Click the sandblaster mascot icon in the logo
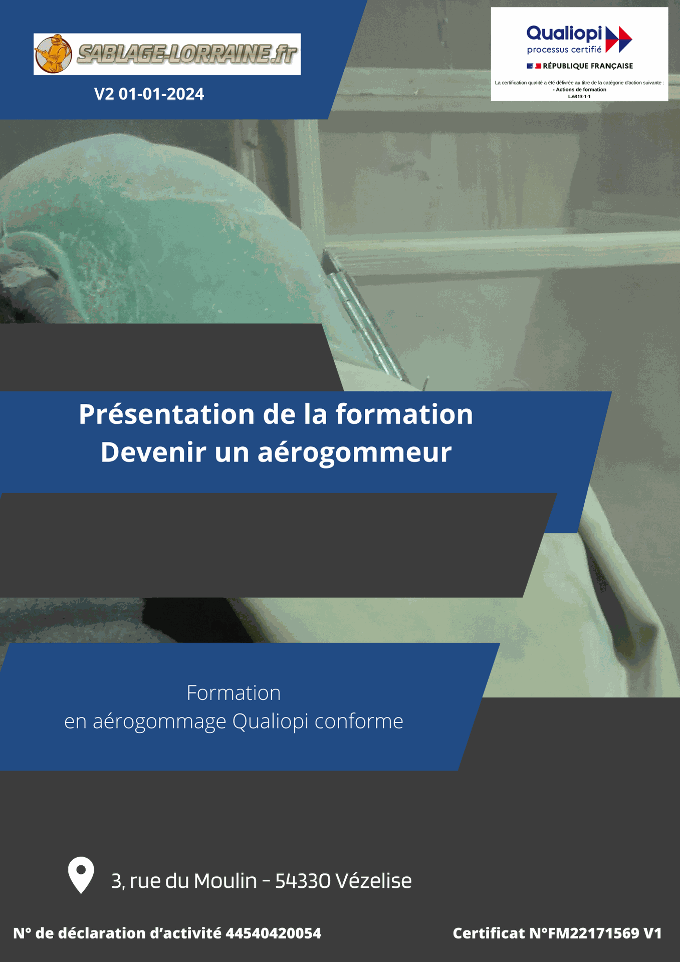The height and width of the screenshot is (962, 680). pyautogui.click(x=53, y=54)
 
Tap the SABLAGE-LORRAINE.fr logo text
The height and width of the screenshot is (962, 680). pyautogui.click(x=187, y=55)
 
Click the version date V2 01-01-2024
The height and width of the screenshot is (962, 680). pyautogui.click(x=149, y=94)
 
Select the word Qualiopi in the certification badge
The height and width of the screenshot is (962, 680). pyautogui.click(x=564, y=34)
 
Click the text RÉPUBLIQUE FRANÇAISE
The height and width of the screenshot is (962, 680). pyautogui.click(x=588, y=66)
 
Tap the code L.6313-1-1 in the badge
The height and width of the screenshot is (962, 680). pyautogui.click(x=579, y=96)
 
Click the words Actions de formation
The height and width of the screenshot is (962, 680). pyautogui.click(x=581, y=90)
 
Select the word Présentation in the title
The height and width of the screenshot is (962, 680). pyautogui.click(x=167, y=414)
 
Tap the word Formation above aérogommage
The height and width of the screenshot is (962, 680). pyautogui.click(x=234, y=693)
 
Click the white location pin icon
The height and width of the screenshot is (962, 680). pyautogui.click(x=81, y=875)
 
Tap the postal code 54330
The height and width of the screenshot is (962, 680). pyautogui.click(x=303, y=881)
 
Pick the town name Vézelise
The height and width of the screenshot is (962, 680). pyautogui.click(x=374, y=880)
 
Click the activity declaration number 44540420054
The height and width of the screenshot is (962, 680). pyautogui.click(x=273, y=933)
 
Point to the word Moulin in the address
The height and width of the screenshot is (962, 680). pyautogui.click(x=225, y=881)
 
